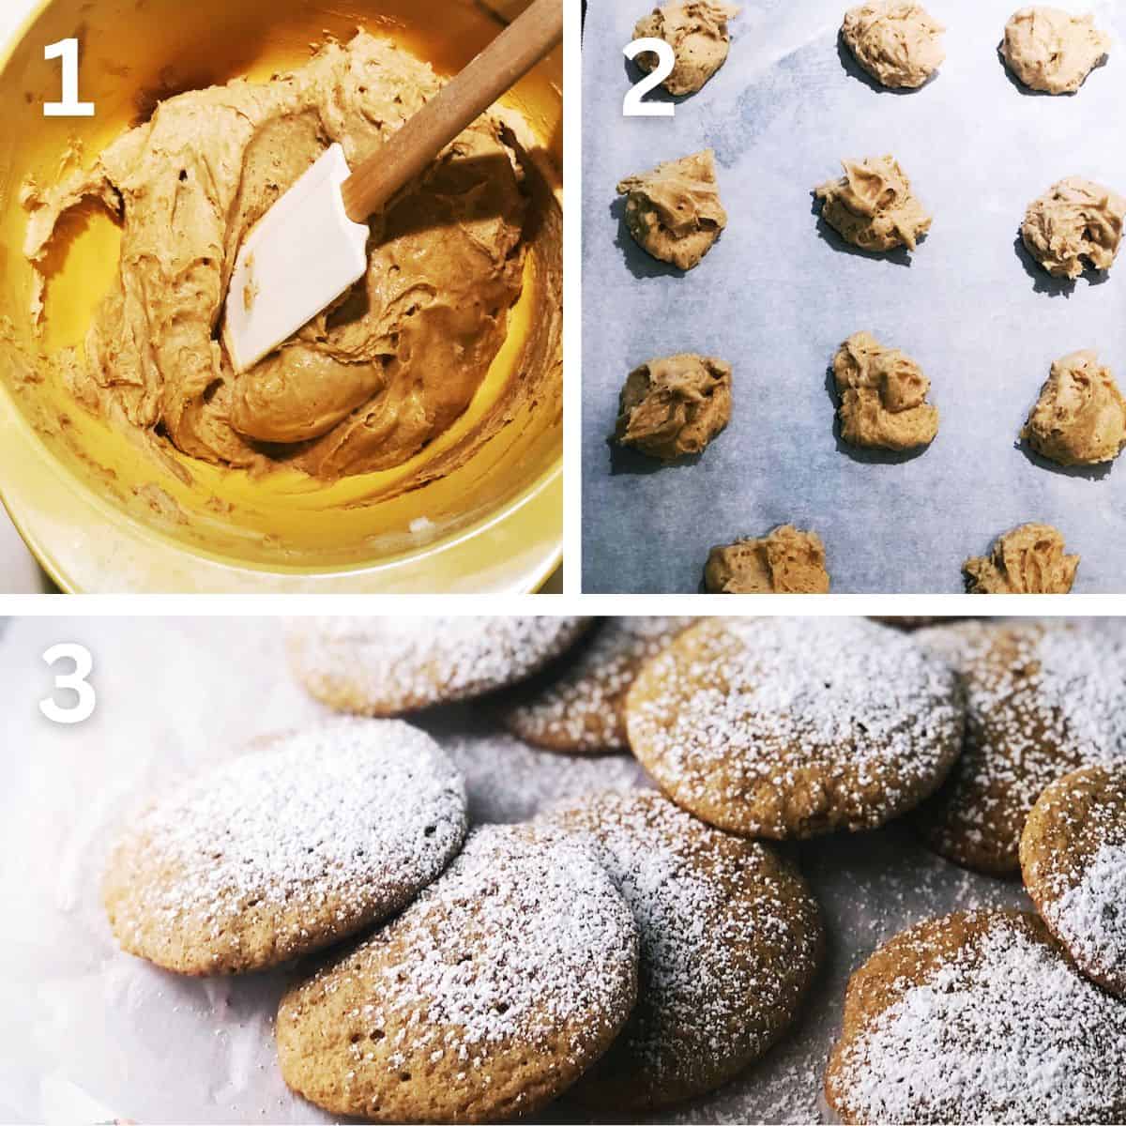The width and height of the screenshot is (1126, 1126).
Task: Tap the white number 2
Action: pos(649,73)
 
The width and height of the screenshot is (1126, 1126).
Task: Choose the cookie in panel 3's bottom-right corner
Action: pos(985,1023)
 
